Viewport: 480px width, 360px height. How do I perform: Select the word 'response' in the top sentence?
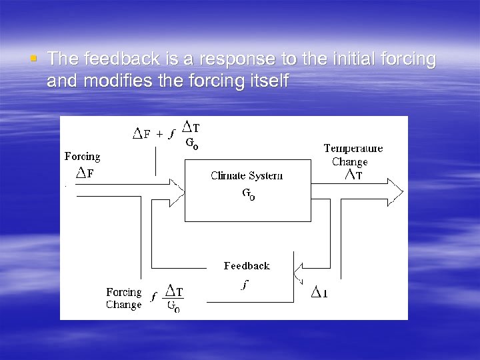tap(231, 59)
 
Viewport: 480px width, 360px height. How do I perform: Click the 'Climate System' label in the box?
tap(246, 176)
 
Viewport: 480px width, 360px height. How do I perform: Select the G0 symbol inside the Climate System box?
tap(247, 195)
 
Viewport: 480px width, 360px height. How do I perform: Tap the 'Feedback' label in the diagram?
tap(247, 266)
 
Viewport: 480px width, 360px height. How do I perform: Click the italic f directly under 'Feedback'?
tap(245, 285)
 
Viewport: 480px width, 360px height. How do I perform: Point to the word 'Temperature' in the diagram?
tap(353, 149)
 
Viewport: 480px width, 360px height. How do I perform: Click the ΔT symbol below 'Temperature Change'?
tap(353, 175)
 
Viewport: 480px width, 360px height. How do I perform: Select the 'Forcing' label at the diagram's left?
tap(82, 157)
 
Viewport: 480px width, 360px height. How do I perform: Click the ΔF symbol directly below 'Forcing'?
tap(84, 173)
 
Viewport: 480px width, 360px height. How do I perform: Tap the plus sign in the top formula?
tap(159, 133)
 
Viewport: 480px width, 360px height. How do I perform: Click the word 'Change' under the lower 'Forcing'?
tap(124, 305)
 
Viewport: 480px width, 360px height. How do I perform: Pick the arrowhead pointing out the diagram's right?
tap(395, 191)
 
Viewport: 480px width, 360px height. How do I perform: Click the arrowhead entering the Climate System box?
tap(177, 191)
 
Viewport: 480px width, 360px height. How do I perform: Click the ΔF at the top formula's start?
tap(141, 133)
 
